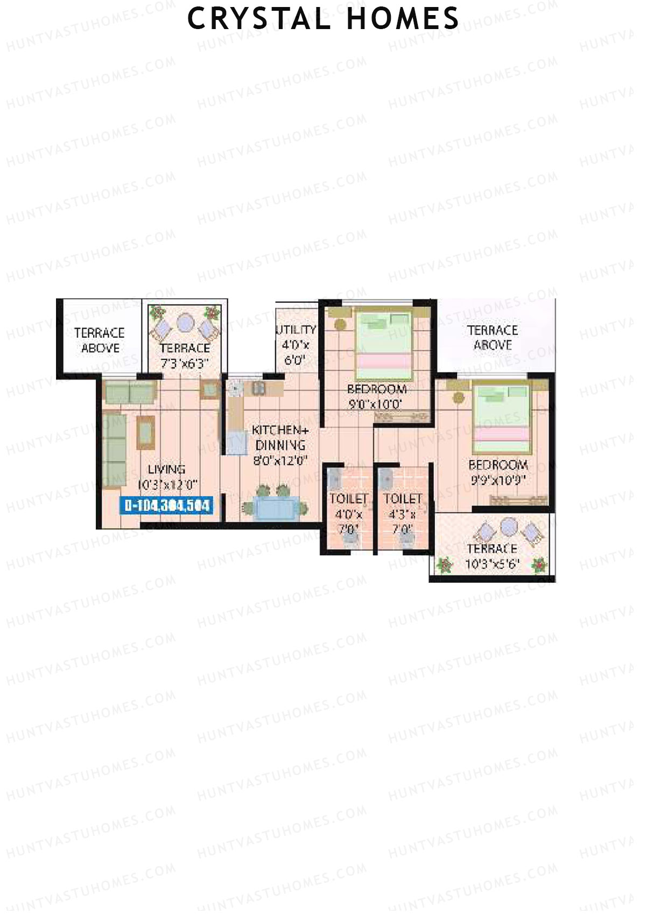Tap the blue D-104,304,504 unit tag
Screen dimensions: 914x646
click(167, 506)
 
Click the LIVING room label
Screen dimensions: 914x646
click(166, 470)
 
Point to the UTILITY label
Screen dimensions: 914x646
click(296, 330)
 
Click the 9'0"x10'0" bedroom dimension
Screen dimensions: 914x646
click(376, 404)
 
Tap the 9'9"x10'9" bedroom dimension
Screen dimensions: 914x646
click(498, 480)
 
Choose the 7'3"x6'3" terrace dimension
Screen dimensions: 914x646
click(185, 364)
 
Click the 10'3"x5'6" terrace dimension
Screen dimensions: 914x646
click(492, 564)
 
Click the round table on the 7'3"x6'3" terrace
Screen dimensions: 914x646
click(185, 323)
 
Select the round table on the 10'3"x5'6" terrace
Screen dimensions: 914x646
click(508, 527)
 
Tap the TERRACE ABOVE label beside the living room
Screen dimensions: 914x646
click(100, 340)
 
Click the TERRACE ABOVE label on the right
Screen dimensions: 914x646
click(493, 337)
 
